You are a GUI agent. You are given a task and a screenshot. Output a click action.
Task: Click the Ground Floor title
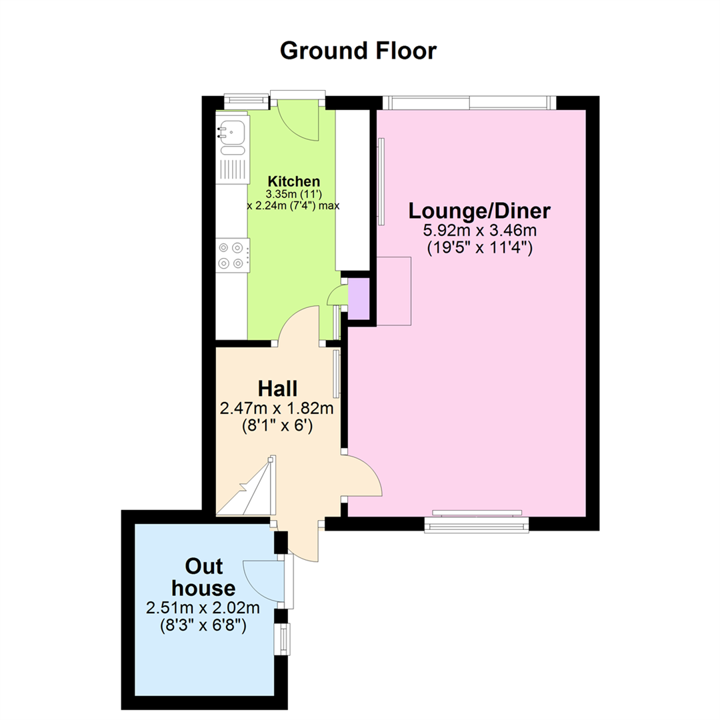(358, 51)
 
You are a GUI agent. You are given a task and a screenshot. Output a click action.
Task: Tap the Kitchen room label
(294, 181)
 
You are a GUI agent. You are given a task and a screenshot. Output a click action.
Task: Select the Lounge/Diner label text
(479, 211)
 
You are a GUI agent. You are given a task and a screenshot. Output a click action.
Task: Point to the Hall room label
(277, 389)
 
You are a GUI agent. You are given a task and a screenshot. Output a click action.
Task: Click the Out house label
(203, 577)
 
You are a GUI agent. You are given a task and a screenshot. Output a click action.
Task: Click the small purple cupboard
(359, 299)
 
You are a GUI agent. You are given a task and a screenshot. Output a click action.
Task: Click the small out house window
(283, 639)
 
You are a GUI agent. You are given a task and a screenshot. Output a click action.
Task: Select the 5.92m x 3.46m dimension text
(479, 231)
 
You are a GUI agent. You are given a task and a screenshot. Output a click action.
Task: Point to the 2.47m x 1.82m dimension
(277, 408)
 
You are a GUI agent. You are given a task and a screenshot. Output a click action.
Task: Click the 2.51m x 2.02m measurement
(203, 608)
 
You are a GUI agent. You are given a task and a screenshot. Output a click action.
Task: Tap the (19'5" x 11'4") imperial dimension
(480, 249)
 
